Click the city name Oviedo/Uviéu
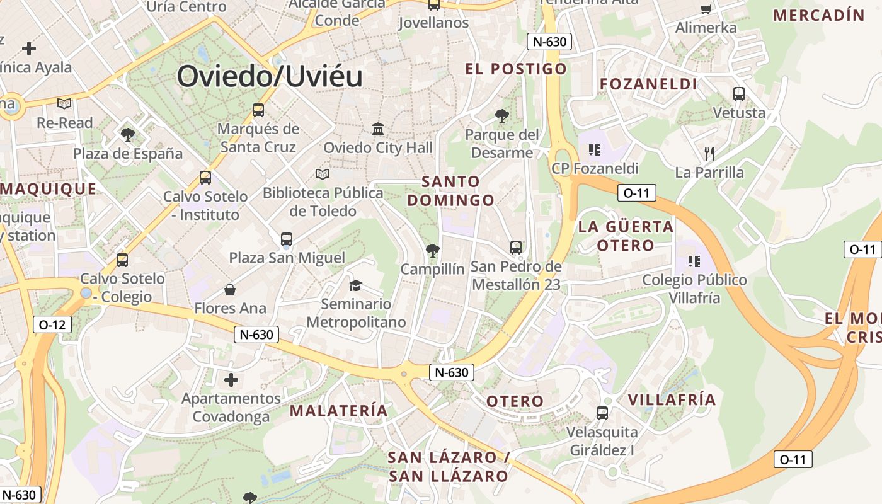click(x=270, y=76)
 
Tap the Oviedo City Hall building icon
click(x=378, y=129)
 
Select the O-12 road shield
click(x=52, y=325)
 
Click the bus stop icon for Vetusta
click(x=739, y=94)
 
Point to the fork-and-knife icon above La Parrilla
click(x=709, y=153)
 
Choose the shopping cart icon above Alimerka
click(x=706, y=9)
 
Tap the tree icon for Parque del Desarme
click(x=502, y=115)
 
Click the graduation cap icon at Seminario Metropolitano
click(x=355, y=285)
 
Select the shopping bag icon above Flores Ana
click(x=230, y=290)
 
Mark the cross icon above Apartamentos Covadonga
click(x=231, y=379)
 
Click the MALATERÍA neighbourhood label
click(x=338, y=411)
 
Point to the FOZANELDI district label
click(x=648, y=84)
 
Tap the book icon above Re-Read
click(x=64, y=103)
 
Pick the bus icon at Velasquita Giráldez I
click(x=602, y=413)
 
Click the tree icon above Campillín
click(x=432, y=251)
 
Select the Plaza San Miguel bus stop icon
click(x=287, y=239)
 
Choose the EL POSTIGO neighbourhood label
click(x=516, y=69)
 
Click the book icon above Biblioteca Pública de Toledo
click(x=323, y=174)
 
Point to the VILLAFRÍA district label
click(x=672, y=399)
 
